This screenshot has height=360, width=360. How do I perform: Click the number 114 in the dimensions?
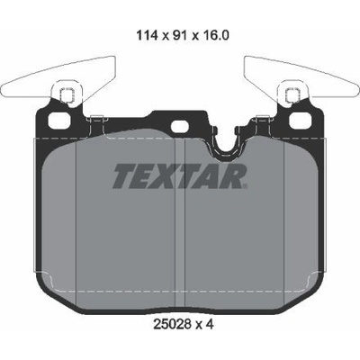click(x=147, y=35)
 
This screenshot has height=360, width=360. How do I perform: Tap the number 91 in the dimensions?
click(x=179, y=35)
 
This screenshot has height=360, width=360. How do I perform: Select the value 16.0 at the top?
click(x=215, y=35)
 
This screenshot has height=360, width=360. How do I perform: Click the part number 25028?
click(x=172, y=324)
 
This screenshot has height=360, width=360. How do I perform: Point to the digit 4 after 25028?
click(x=210, y=324)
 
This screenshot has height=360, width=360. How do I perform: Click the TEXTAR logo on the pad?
click(x=180, y=175)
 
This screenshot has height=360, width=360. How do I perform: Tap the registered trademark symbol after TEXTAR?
click(x=245, y=186)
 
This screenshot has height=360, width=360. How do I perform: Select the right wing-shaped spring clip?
click(x=301, y=78)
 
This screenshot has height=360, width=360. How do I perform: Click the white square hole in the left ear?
click(x=60, y=121)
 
